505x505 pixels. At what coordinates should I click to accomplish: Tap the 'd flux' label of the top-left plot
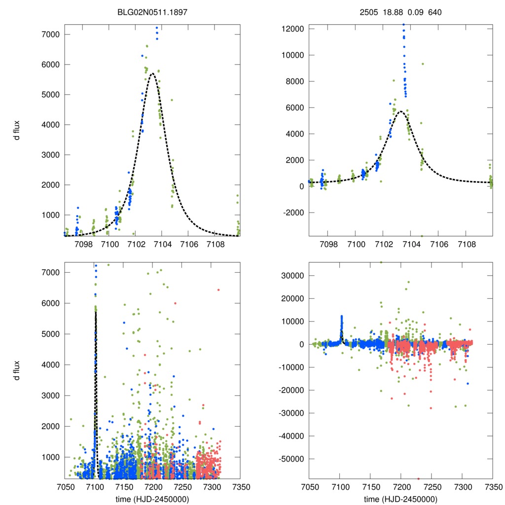17,130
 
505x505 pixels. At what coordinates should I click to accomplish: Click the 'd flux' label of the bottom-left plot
17,371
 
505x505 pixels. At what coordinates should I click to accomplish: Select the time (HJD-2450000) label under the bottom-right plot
400,499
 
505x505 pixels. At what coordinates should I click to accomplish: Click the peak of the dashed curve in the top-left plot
152,73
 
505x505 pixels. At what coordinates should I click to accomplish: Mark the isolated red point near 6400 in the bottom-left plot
218,290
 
